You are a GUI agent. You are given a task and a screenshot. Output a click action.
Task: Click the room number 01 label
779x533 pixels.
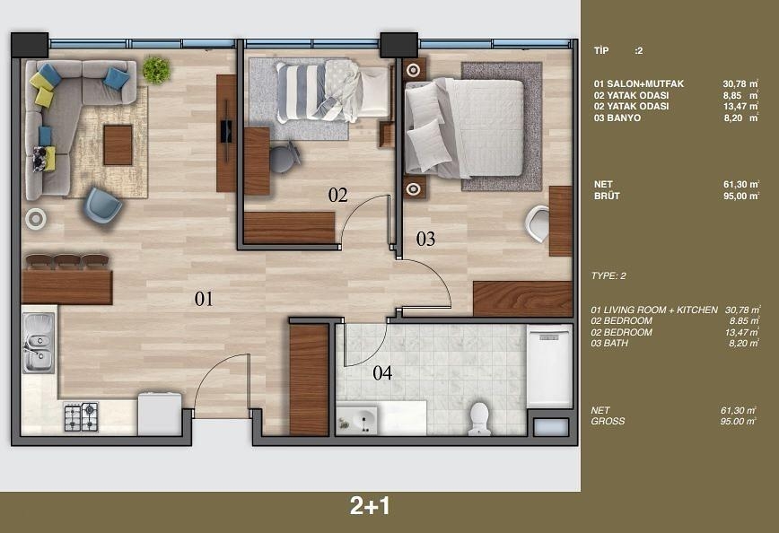[x=204, y=300]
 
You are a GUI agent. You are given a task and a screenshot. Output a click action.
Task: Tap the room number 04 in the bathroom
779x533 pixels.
[x=382, y=373]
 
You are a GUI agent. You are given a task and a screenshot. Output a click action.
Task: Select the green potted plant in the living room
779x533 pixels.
[x=156, y=70]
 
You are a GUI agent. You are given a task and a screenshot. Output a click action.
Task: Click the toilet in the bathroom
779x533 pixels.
[x=479, y=417]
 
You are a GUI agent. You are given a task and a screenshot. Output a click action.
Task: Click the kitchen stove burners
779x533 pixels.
[x=81, y=416]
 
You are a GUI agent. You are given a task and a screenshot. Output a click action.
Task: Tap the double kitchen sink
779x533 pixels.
[x=38, y=343]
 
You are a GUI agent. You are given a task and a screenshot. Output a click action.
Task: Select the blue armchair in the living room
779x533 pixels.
[x=102, y=205]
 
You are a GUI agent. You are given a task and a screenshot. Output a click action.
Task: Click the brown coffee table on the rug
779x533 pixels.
[x=118, y=144]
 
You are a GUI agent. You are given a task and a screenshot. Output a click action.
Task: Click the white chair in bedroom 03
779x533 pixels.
[x=538, y=223]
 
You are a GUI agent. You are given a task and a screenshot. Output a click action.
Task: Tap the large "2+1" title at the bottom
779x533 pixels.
[x=370, y=506]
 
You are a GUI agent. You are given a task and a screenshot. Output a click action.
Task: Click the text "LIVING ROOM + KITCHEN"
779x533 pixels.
[x=662, y=310]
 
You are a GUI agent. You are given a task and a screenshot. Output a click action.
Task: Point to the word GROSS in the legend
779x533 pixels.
[x=608, y=421]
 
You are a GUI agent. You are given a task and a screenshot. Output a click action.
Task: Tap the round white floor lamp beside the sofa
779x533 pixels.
[x=36, y=218]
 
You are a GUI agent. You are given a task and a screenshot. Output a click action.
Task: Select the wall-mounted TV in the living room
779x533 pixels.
[x=225, y=135]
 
